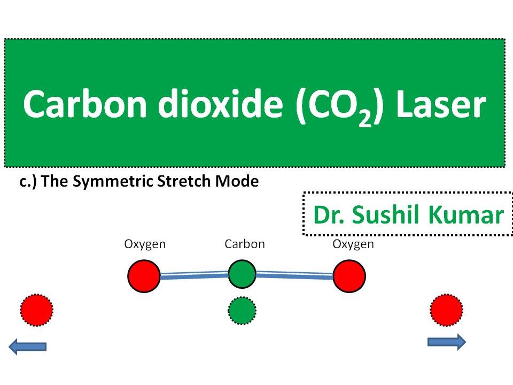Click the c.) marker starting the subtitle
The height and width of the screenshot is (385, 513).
[27, 182]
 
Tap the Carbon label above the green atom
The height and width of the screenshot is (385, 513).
[245, 244]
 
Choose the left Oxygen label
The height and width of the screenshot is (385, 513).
[145, 244]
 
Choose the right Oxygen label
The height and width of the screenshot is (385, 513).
[353, 244]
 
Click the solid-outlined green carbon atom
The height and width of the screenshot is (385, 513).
[242, 274]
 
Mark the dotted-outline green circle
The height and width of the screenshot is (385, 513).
[242, 311]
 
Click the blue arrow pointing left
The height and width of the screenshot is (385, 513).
[28, 347]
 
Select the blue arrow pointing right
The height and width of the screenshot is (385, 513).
[447, 341]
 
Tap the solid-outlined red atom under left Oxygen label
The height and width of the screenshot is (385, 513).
[144, 276]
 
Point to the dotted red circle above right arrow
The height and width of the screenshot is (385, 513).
[446, 310]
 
